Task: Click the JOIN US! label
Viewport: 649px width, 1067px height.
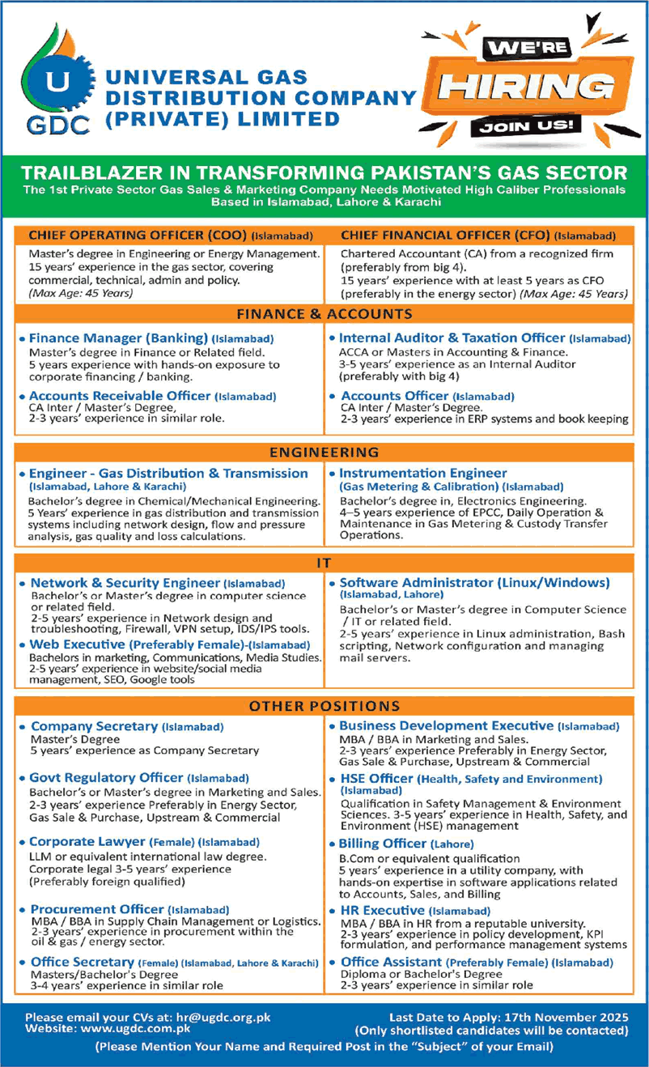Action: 530,125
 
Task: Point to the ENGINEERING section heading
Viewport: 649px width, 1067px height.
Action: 324,452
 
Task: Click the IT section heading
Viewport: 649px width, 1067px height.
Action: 324,561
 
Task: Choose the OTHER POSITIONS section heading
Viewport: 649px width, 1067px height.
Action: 324,706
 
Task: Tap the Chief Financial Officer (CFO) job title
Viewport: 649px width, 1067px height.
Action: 445,236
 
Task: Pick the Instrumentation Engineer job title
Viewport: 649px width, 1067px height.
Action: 423,473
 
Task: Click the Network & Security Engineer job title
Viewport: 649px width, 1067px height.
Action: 125,583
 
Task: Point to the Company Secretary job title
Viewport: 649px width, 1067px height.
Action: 94,727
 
